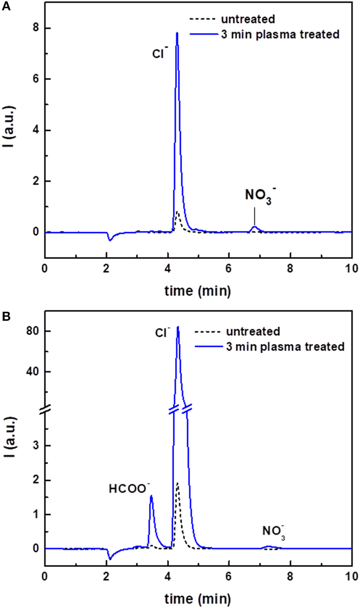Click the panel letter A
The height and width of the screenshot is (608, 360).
(x=6, y=6)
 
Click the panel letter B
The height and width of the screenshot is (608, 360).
(x=6, y=317)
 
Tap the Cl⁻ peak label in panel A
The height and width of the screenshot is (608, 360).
(x=160, y=53)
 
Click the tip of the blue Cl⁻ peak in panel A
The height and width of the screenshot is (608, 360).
(x=177, y=33)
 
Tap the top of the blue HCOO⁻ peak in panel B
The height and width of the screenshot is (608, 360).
(x=151, y=496)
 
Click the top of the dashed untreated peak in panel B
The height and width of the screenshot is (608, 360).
(x=177, y=483)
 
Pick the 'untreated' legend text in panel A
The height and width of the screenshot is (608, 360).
(x=248, y=19)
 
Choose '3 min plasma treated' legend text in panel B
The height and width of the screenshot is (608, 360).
(x=285, y=347)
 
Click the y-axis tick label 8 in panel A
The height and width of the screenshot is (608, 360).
(x=36, y=28)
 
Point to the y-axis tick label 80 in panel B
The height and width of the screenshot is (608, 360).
(x=33, y=331)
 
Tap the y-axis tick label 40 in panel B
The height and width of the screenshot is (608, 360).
(x=33, y=371)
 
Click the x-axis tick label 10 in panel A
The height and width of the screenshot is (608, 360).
(x=351, y=268)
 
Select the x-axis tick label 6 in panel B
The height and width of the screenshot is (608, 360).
(x=228, y=576)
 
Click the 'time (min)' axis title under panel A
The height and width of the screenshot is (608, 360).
(x=198, y=291)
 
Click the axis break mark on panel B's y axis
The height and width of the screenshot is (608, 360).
(x=45, y=410)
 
